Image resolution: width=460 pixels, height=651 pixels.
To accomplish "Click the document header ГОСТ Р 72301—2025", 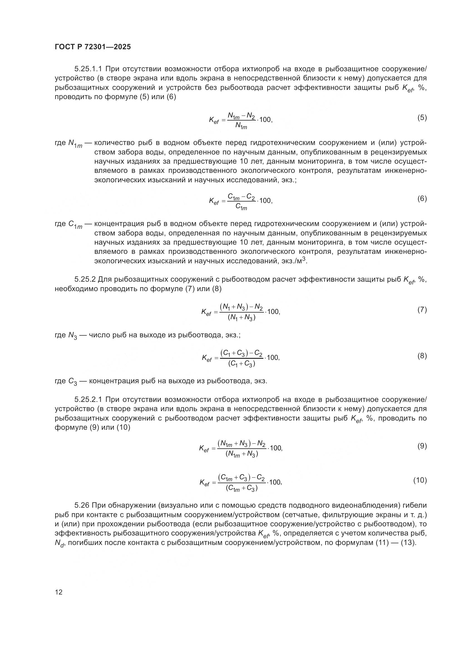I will (93, 47).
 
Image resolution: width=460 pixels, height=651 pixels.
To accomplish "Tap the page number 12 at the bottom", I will (59, 592).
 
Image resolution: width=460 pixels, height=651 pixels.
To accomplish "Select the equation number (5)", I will (422, 118).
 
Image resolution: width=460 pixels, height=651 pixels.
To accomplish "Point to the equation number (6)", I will (422, 198).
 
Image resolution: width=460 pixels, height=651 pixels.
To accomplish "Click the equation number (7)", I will (422, 309).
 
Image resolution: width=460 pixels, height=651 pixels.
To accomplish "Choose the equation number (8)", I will (422, 356).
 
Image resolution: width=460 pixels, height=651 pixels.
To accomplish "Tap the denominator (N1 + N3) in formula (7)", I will (242, 318).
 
